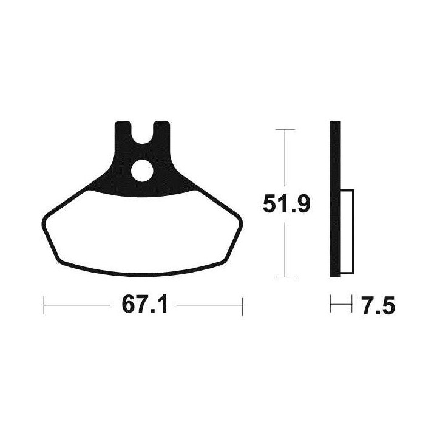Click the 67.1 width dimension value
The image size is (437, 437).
[144, 305]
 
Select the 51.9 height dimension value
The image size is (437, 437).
[286, 205]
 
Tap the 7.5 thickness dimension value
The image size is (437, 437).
[379, 306]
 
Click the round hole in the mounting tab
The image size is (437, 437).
[142, 171]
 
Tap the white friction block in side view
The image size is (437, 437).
[347, 231]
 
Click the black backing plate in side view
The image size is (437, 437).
[335, 199]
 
